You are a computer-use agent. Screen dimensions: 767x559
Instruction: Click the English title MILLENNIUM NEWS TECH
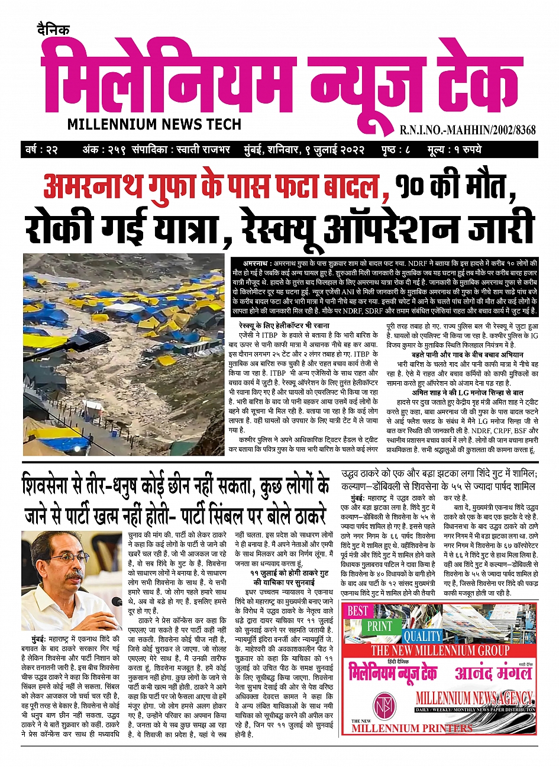tap(154, 124)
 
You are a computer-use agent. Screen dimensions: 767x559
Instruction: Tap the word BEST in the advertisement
tap(358, 611)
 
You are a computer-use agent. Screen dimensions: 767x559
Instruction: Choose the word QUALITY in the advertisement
tap(422, 636)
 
